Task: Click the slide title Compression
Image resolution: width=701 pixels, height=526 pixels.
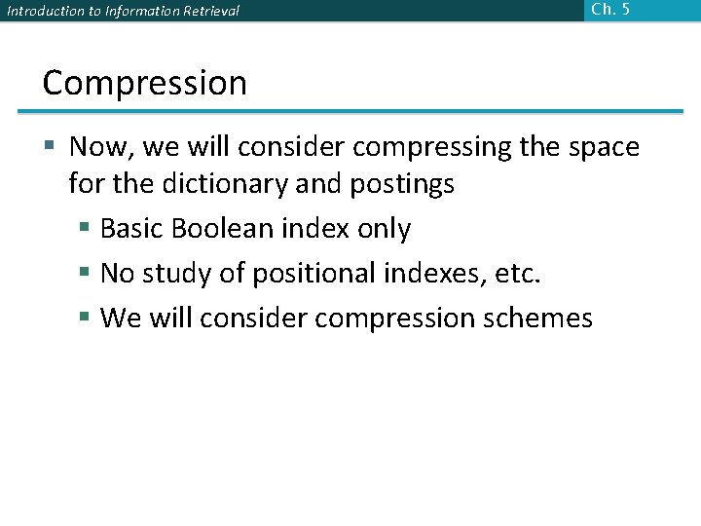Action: click(144, 84)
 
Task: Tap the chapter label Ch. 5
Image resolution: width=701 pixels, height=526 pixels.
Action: click(610, 9)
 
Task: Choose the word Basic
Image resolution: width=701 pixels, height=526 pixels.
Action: click(135, 229)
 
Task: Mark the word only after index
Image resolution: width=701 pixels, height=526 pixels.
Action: click(384, 229)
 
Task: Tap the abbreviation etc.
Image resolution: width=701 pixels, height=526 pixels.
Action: click(517, 274)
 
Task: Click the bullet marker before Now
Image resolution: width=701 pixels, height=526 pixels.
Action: click(51, 148)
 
